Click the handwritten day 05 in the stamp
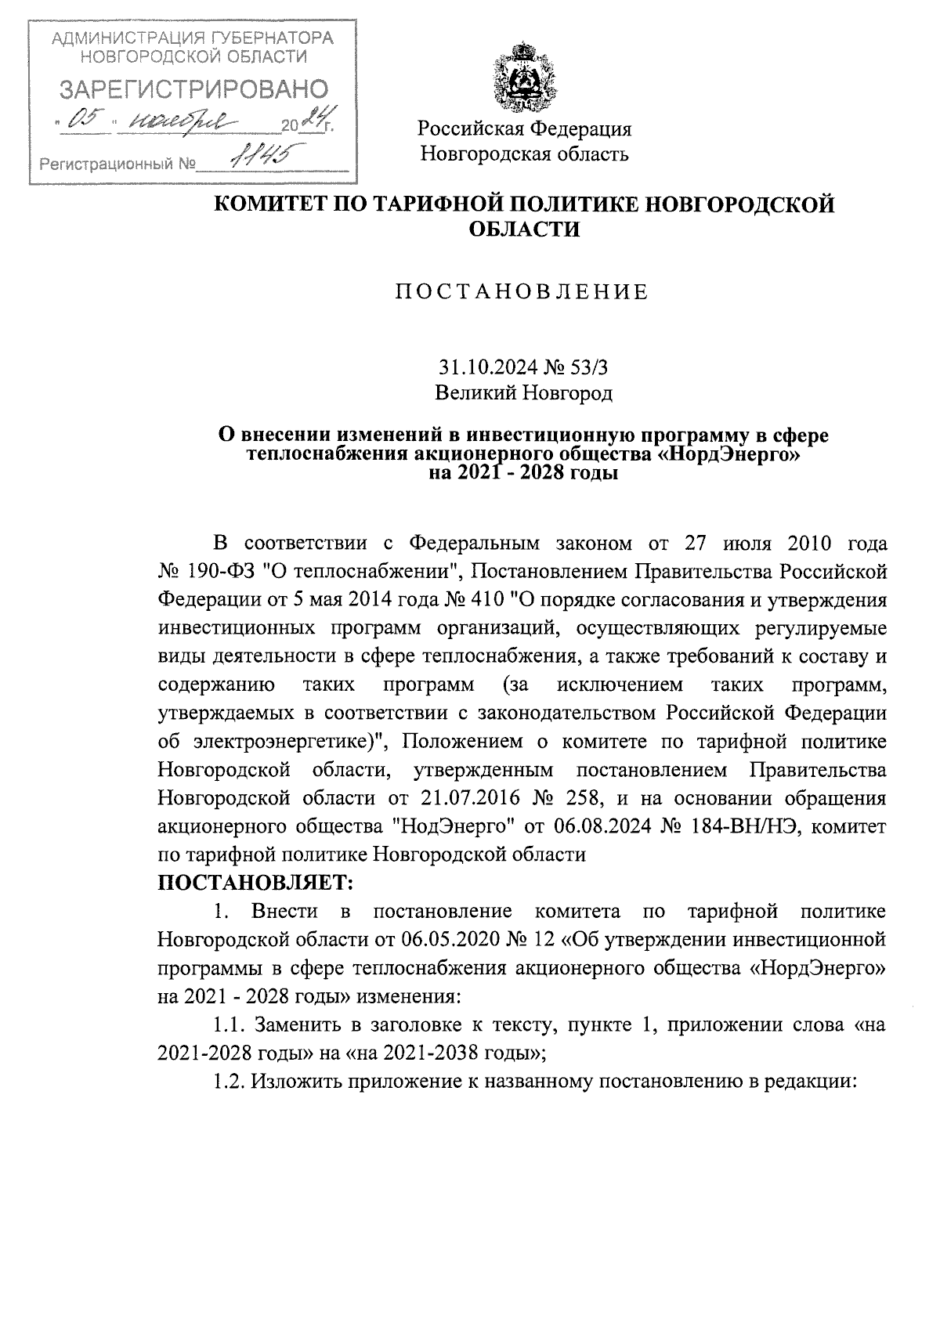click(84, 121)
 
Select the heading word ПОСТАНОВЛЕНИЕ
click(522, 292)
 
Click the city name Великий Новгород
click(523, 393)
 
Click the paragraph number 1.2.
click(228, 1081)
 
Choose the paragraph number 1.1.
click(228, 1024)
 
